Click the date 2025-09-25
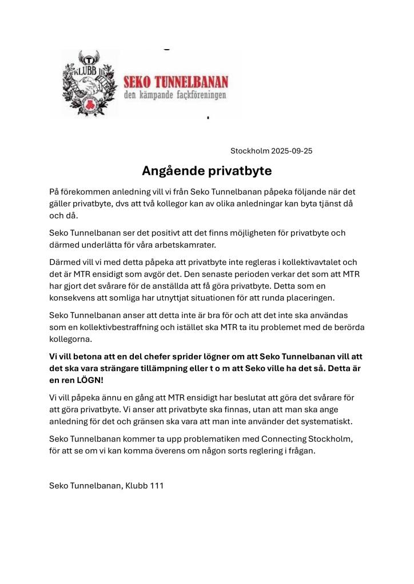point(293,151)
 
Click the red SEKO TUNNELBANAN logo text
point(176,80)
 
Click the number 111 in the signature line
point(155,486)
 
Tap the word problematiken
point(191,438)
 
